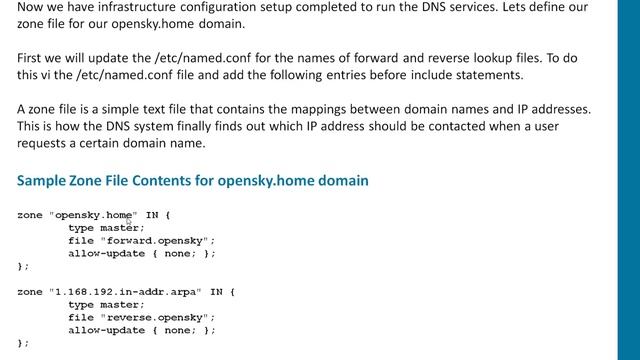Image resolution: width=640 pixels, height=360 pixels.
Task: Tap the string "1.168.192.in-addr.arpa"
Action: pos(125,291)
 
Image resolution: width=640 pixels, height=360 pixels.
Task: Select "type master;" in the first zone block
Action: pos(106,227)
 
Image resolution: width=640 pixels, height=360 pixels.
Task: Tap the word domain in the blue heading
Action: pos(341,181)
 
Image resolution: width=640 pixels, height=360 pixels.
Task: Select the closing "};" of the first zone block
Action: pos(23,266)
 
